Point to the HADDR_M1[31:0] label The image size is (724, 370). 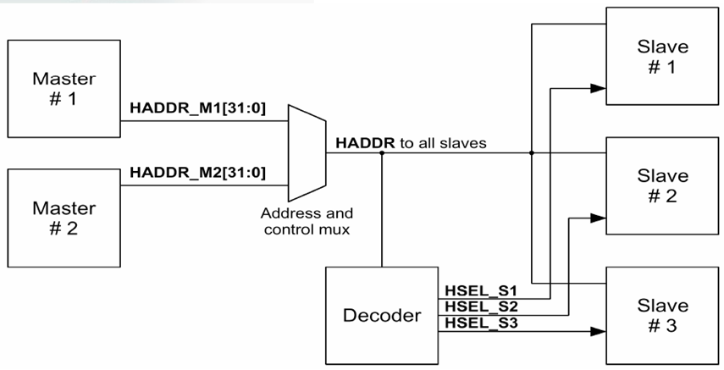(x=196, y=109)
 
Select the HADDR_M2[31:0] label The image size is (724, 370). (x=196, y=174)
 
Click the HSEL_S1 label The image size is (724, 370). (x=471, y=289)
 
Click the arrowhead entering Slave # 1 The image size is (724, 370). (x=598, y=87)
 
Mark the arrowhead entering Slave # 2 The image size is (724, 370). (x=598, y=218)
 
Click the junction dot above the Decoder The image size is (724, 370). (x=382, y=154)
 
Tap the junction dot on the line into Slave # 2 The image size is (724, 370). (x=532, y=154)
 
